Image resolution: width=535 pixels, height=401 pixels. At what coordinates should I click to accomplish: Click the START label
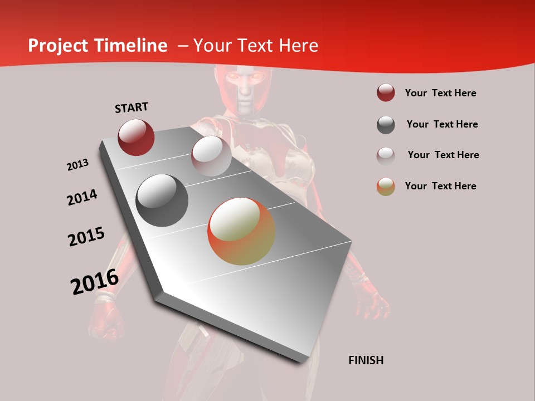pos(132,107)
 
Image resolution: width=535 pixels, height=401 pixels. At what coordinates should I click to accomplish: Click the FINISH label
pos(366,360)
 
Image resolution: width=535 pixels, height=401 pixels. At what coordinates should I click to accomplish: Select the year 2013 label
pos(77,165)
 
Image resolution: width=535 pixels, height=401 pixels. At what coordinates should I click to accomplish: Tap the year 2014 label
pos(82,197)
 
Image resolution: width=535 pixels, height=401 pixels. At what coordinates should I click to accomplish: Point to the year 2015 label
pos(86,237)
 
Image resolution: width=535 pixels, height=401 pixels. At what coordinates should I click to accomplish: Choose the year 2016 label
pos(95,282)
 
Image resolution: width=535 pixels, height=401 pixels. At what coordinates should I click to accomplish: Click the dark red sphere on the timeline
pos(136,138)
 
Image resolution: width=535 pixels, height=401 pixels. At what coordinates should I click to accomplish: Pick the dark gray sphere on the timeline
pos(162,200)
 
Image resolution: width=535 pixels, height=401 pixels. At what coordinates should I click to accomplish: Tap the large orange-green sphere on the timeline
pos(241,231)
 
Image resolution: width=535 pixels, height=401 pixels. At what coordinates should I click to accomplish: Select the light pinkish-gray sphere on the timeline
pos(211,156)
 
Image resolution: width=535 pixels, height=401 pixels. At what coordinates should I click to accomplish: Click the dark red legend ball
pos(386,93)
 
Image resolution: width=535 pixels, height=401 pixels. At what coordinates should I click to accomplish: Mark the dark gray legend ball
pos(386,125)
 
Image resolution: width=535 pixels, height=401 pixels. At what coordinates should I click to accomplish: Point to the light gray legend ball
pos(386,155)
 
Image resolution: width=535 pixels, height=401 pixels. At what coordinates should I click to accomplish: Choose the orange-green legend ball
pos(386,187)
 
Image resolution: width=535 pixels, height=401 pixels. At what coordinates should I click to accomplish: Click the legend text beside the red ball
pos(440,93)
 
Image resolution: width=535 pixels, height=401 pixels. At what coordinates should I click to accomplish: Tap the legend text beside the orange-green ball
pos(440,186)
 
